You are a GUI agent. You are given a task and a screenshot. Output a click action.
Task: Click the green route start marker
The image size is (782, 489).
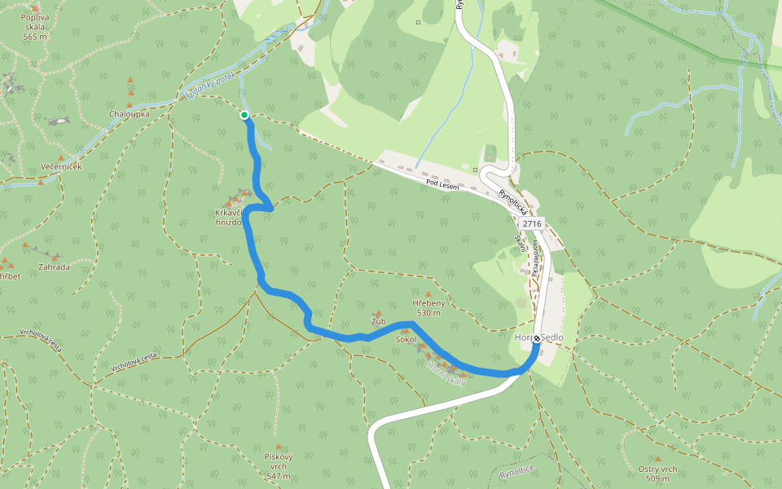click(244, 115)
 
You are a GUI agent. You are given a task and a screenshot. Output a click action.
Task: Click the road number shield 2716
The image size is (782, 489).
click(532, 223)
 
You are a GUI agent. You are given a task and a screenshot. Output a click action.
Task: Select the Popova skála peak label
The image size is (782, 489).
click(35, 27)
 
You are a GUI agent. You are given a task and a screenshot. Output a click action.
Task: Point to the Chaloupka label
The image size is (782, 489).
click(130, 114)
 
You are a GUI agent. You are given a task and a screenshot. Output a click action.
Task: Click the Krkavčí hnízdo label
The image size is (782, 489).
click(229, 218)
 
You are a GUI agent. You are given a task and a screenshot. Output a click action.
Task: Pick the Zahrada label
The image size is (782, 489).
click(54, 267)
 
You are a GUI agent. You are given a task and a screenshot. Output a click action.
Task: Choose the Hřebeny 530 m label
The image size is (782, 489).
click(428, 307)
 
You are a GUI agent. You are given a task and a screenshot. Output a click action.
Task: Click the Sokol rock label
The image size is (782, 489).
click(405, 339)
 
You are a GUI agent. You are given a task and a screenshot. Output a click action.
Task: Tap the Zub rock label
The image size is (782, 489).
click(378, 321)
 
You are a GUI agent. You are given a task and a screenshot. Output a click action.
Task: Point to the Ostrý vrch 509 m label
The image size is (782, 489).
click(657, 473)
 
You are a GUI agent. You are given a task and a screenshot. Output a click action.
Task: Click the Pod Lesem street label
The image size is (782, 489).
click(442, 185)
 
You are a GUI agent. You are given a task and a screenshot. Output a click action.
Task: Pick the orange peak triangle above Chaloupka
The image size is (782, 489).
click(130, 81)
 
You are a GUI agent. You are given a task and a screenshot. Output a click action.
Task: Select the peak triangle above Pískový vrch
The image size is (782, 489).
click(279, 447)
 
